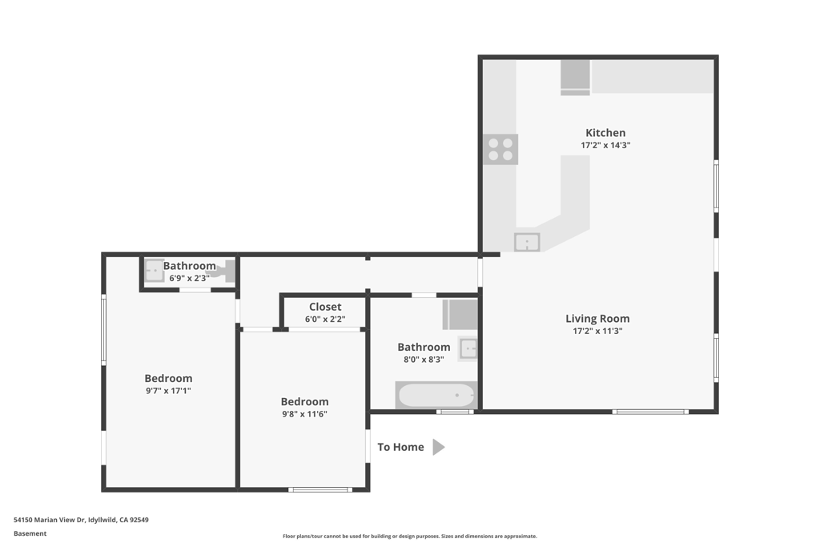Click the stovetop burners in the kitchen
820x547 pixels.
500,149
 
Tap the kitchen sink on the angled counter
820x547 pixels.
527,242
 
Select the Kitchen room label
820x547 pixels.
605,133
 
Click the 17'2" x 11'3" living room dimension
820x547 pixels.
597,331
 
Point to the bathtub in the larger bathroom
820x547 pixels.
436,395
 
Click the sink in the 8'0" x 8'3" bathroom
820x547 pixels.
468,348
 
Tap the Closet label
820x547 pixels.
325,307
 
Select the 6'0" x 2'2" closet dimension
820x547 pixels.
325,319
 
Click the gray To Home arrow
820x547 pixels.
439,447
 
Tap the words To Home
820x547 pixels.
400,447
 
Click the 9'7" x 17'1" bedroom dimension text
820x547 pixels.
168,391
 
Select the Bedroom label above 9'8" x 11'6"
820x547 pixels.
304,401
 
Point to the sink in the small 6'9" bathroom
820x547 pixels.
155,271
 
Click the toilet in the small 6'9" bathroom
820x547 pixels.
225,271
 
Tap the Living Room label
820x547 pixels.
597,319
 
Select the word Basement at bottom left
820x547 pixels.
30,533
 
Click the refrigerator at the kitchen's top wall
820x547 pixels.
575,78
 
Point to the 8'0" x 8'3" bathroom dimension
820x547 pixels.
424,360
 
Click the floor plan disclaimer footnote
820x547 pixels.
409,536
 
